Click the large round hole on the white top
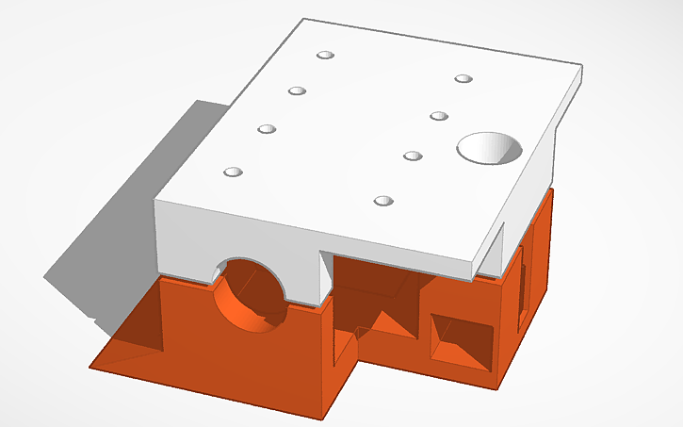[x=489, y=148]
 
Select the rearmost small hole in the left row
[x=326, y=57]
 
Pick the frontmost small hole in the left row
[x=233, y=172]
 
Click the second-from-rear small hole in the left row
[x=298, y=91]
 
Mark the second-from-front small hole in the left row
[x=268, y=128]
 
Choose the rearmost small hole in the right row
[x=463, y=78]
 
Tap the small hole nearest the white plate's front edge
[x=382, y=201]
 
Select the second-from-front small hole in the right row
[x=412, y=156]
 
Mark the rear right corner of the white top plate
[x=581, y=69]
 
